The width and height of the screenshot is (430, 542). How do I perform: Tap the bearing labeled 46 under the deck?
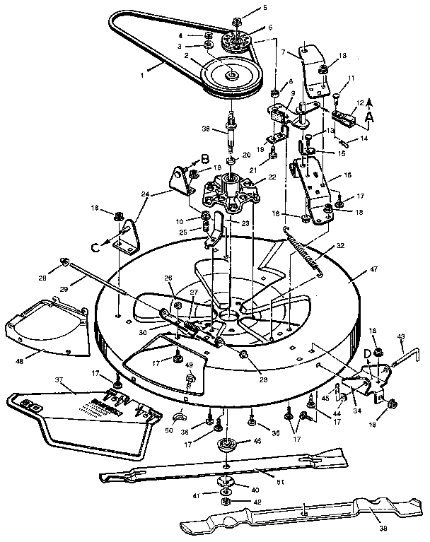tap(226, 445)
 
